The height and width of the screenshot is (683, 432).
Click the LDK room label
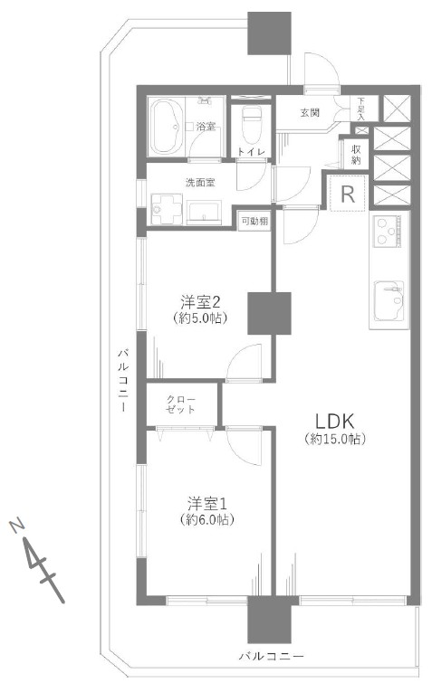[x=334, y=422]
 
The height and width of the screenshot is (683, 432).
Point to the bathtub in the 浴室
[x=166, y=127]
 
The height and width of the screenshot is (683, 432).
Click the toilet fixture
[x=251, y=124]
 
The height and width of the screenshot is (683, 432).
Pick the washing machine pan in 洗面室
[x=166, y=210]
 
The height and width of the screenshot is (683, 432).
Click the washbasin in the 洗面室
[x=204, y=212]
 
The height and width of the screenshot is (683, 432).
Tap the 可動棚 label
[x=254, y=221]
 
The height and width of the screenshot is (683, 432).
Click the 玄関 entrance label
[x=310, y=112]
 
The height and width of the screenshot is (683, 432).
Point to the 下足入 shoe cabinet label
[x=361, y=109]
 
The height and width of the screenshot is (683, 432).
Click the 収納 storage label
[x=356, y=154]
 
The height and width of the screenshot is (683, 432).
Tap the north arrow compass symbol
[x=38, y=561]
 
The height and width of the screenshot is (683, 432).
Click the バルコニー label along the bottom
[x=271, y=656]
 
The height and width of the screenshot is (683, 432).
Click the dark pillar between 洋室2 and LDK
[x=269, y=313]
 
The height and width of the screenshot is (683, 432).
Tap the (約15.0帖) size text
[x=334, y=439]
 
